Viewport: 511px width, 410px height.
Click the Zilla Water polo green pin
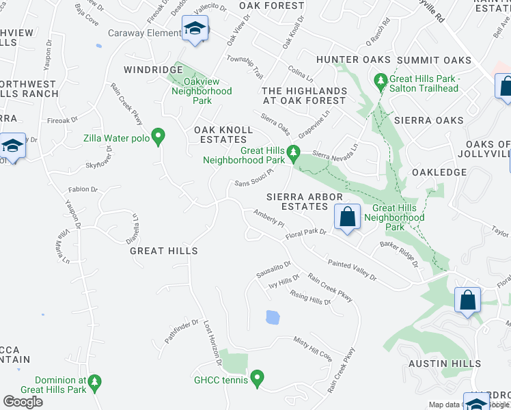(158, 137)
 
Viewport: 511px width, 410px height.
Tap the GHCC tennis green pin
(257, 377)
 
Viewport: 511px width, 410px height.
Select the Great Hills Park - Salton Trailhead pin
(381, 82)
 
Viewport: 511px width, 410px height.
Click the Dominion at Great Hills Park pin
(96, 381)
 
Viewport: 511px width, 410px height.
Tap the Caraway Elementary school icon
(195, 29)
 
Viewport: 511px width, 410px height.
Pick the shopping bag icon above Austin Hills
(468, 300)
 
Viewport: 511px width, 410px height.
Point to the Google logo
(23, 402)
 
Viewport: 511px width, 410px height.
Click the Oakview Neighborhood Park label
(202, 91)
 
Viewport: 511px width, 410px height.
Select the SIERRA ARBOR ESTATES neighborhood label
(304, 202)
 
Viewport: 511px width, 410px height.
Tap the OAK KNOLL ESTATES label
(220, 134)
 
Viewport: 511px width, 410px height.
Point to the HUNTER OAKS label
(353, 60)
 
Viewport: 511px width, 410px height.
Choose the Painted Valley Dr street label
(352, 268)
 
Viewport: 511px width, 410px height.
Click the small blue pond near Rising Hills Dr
(272, 317)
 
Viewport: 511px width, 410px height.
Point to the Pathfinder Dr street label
(181, 331)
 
